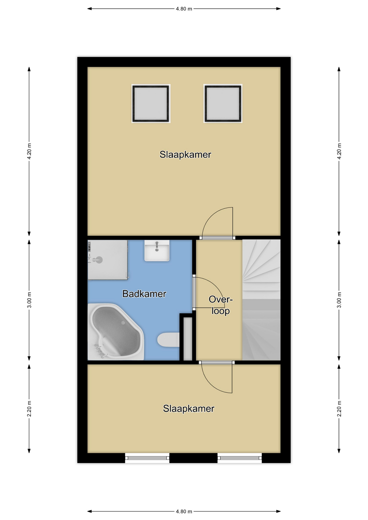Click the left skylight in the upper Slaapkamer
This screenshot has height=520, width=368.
[151, 103]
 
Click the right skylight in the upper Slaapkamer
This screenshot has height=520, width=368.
[223, 103]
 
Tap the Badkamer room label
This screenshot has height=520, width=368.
[144, 294]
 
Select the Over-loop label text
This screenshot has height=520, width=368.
[221, 305]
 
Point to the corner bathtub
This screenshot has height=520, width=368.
[115, 332]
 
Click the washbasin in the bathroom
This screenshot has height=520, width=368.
[157, 251]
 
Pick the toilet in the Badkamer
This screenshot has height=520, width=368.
[168, 340]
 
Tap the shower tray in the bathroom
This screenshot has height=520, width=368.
[108, 260]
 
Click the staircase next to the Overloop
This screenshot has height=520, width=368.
[261, 300]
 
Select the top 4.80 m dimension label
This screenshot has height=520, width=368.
[184, 9]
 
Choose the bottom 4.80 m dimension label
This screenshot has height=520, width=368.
[184, 511]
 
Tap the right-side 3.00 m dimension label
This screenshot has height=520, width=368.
[339, 300]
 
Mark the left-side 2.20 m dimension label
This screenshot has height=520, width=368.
[29, 409]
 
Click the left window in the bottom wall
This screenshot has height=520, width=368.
[147, 458]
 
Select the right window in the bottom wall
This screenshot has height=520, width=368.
[240, 458]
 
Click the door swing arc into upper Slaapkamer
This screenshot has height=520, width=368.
[212, 214]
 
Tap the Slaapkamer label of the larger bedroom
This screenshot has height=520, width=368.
[185, 154]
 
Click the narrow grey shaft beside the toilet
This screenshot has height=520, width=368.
[188, 339]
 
